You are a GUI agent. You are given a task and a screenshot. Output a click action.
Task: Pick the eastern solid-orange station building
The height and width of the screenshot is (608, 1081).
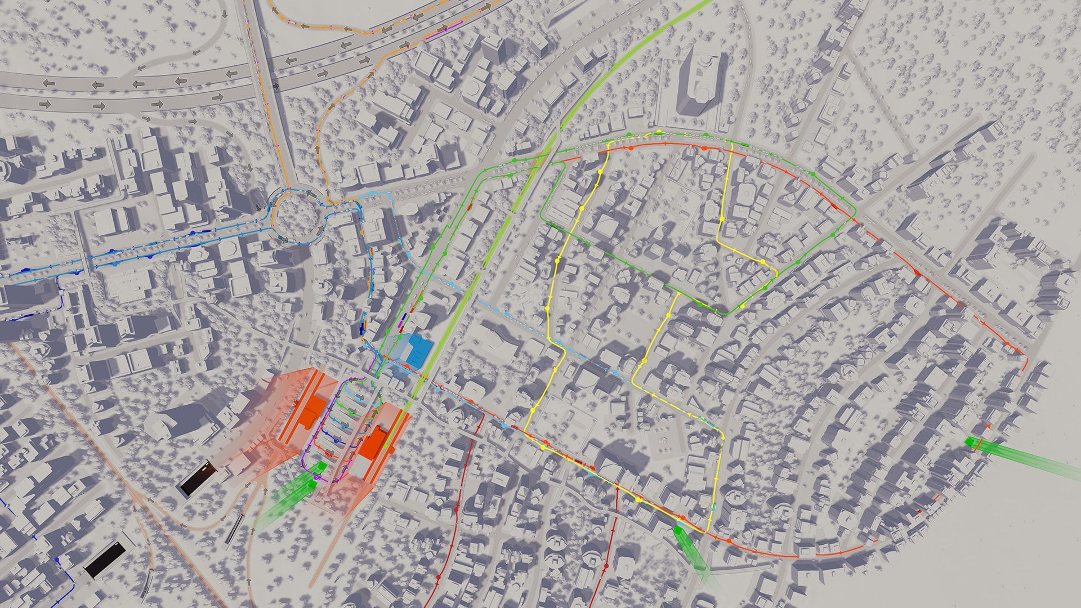tap(372, 442)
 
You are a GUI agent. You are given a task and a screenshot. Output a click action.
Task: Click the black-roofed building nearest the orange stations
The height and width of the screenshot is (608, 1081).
tap(196, 479)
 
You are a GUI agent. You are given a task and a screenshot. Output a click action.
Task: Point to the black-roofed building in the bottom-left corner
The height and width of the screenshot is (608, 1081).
tap(105, 559)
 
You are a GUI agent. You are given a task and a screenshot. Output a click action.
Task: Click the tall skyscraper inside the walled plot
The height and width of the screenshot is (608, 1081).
tap(699, 84)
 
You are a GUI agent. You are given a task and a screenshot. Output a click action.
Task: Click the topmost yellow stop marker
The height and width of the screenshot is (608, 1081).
tap(658, 133)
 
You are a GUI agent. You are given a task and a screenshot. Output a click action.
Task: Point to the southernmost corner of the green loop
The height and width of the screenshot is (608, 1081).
tap(725, 313)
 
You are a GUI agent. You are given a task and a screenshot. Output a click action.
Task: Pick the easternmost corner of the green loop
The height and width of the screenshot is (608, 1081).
tap(855, 216)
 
